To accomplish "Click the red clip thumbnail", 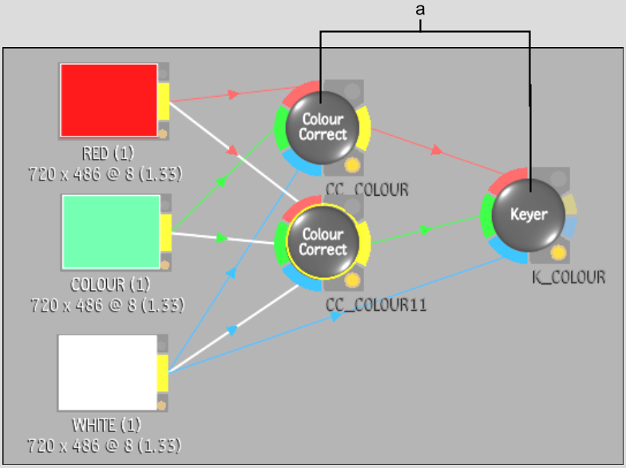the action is [x=109, y=101].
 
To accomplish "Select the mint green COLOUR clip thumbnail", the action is [x=111, y=232].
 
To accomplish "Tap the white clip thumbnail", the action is [x=107, y=372].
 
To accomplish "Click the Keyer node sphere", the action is [x=529, y=215].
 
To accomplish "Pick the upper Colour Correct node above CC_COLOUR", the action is [x=323, y=128].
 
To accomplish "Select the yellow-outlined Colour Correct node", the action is [x=323, y=242].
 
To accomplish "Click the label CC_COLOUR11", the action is [x=376, y=305].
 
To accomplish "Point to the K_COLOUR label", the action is [x=569, y=277].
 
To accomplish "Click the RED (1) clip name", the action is [x=108, y=153].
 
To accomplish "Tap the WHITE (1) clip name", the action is [x=107, y=425].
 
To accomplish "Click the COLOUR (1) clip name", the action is [x=110, y=284].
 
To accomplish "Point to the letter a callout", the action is [x=420, y=10].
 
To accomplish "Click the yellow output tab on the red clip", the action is [x=163, y=101].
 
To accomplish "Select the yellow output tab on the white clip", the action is [x=163, y=373].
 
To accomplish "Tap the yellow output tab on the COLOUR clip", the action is [x=166, y=233].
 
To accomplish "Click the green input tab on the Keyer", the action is [x=485, y=216].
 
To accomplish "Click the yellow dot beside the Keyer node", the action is [x=558, y=252].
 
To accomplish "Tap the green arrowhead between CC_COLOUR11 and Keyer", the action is [x=426, y=230].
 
